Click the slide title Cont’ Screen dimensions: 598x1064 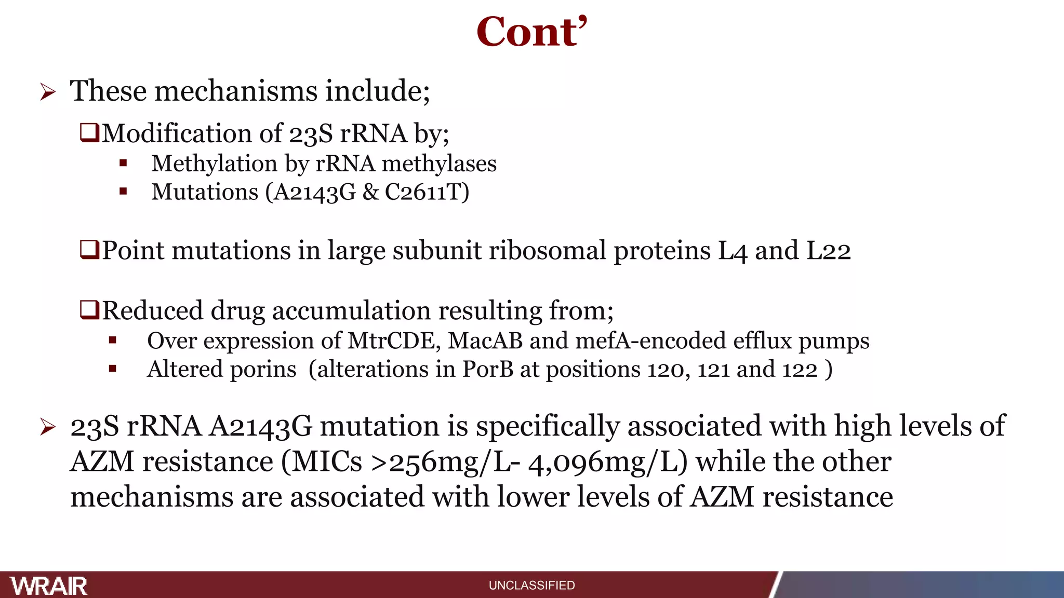pos(531,32)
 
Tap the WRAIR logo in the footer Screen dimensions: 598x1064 pos(49,586)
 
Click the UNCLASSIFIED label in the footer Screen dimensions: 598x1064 pos(531,586)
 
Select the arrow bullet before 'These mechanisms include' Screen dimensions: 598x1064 pos(48,93)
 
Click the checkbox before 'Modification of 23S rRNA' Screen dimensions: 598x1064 pos(89,132)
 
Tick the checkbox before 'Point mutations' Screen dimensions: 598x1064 pos(89,250)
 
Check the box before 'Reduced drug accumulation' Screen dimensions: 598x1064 pos(89,310)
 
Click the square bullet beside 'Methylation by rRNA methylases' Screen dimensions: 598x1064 pos(123,164)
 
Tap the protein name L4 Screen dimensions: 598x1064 pos(732,251)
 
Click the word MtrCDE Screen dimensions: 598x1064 pos(394,341)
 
